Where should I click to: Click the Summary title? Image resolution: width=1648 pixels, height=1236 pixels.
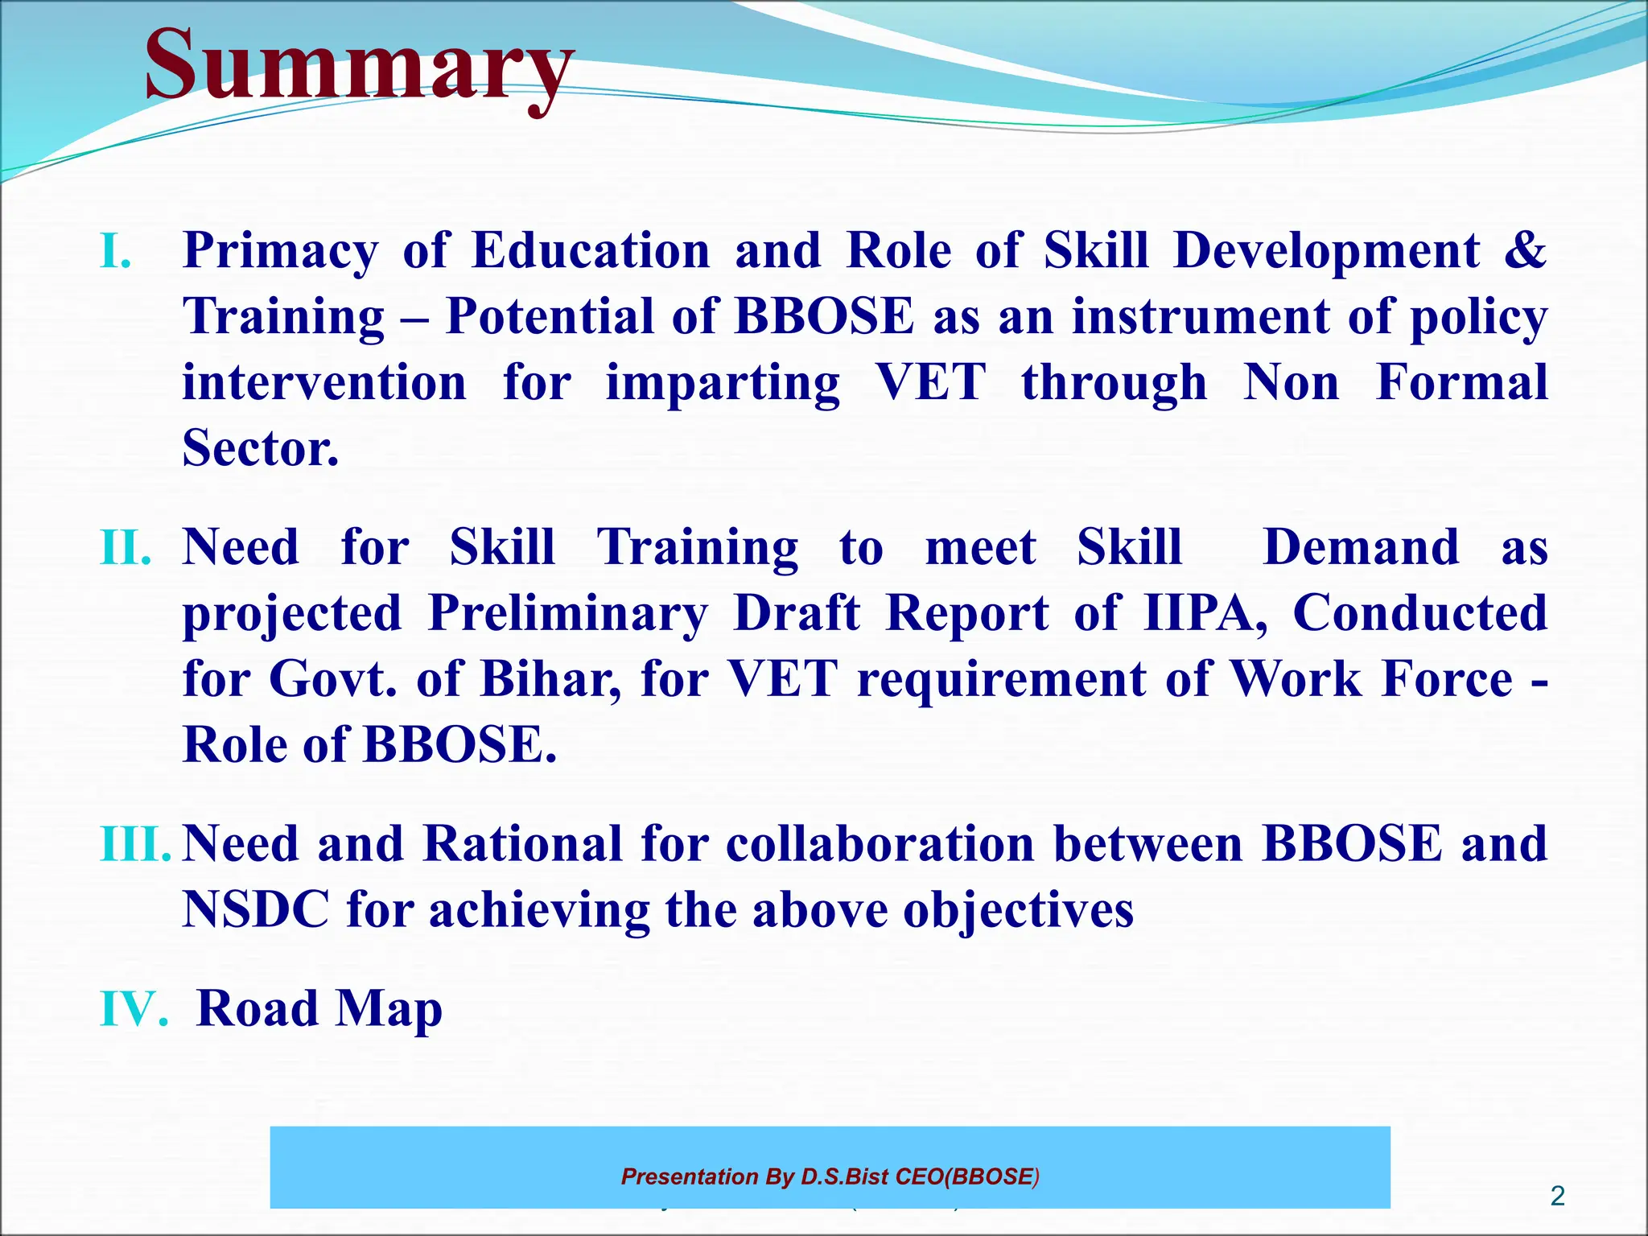(x=359, y=64)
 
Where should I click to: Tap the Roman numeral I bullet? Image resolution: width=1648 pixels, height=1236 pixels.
(x=115, y=251)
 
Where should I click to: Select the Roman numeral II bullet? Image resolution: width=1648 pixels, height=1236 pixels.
(x=126, y=548)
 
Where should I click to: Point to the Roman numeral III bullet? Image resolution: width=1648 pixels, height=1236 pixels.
(x=135, y=844)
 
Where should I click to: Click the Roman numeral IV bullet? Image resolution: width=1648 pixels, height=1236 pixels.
(x=134, y=1009)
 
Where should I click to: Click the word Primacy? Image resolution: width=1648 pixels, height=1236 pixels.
(x=280, y=251)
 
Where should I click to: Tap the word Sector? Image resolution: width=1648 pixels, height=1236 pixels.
(x=260, y=448)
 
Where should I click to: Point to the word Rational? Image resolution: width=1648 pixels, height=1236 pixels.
(x=522, y=844)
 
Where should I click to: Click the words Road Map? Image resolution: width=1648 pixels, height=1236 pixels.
(x=319, y=1009)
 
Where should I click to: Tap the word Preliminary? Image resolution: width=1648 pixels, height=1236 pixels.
(x=567, y=614)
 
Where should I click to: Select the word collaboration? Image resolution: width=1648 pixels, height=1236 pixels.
(x=880, y=844)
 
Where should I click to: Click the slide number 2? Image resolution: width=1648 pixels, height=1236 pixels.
(x=1557, y=1196)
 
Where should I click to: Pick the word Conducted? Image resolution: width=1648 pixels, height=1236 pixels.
(x=1419, y=614)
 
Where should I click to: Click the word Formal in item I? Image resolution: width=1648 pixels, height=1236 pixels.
(x=1461, y=382)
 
